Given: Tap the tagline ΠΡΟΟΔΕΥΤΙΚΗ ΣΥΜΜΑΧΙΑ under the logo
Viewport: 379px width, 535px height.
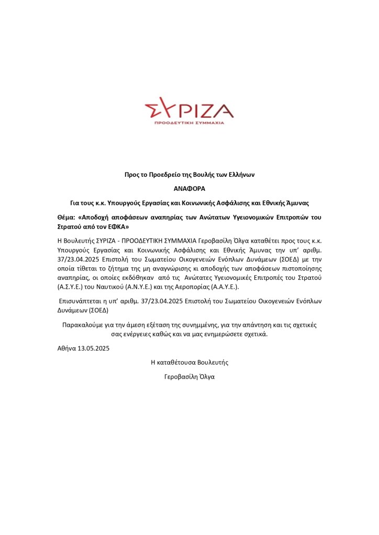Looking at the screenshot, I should (x=189, y=122).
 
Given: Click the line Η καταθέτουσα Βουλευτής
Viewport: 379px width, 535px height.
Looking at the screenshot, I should (x=189, y=362).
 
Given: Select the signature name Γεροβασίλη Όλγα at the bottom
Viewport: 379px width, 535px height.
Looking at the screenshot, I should (x=189, y=376).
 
